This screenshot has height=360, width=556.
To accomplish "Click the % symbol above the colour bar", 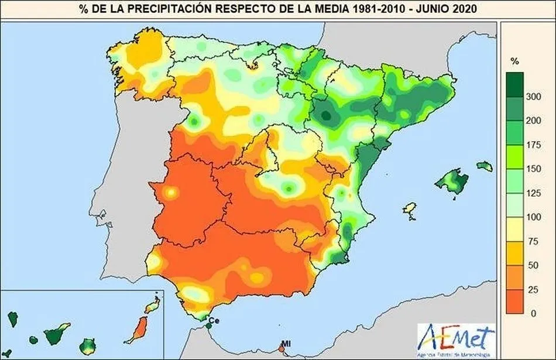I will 514,61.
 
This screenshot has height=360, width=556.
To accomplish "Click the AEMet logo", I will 456,338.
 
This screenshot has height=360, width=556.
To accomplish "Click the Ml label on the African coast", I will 286,343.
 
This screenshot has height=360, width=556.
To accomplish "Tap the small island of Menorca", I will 484,167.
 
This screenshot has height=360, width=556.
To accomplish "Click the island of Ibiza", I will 410,210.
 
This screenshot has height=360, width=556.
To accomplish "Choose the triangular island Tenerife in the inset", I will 57,334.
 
